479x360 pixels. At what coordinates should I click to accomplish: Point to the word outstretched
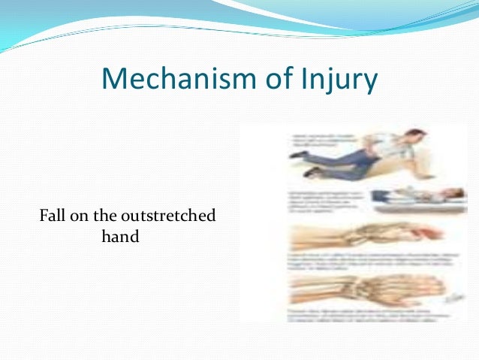174,217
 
